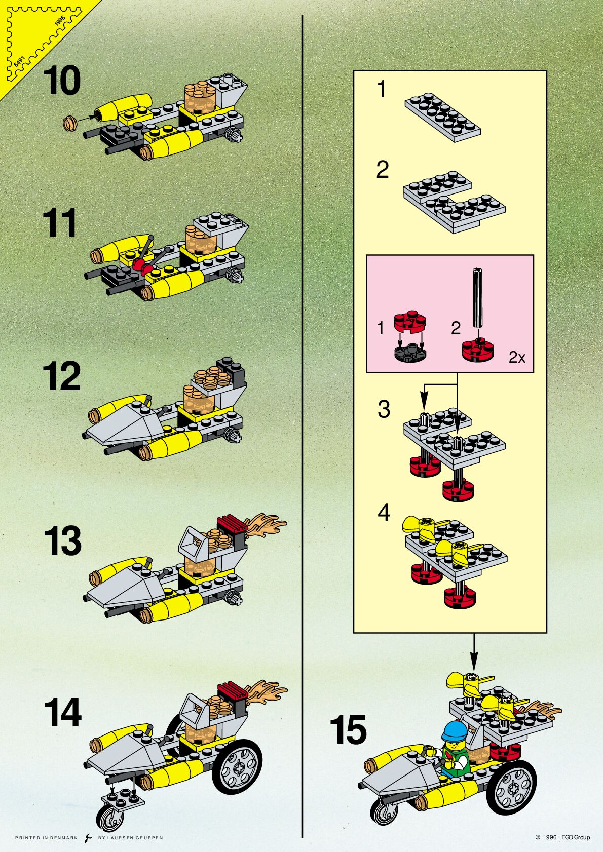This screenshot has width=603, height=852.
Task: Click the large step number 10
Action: point(62,81)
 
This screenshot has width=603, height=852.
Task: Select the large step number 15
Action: point(348,730)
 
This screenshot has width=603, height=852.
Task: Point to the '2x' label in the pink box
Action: point(517,358)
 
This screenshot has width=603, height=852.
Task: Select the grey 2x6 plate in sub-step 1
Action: point(442,117)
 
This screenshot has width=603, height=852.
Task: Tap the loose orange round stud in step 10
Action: point(70,122)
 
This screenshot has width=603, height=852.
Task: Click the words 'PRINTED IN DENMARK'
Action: point(46,838)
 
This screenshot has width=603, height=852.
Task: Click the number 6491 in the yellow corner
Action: point(19,61)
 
